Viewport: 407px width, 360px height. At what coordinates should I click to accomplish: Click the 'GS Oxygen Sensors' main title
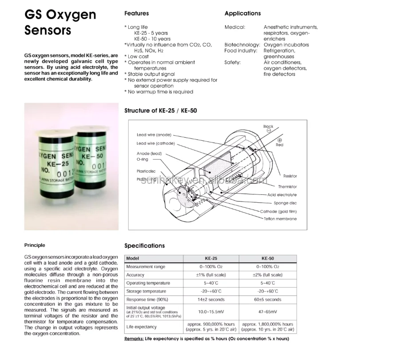[x=60, y=22]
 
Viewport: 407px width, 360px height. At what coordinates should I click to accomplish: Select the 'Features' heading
[x=136, y=13]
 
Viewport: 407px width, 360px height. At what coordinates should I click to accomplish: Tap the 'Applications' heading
[x=242, y=13]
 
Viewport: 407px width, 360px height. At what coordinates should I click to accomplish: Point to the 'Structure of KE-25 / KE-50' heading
[x=160, y=111]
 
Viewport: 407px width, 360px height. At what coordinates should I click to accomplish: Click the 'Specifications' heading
[x=144, y=245]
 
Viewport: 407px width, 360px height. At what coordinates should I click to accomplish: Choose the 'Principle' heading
[x=35, y=245]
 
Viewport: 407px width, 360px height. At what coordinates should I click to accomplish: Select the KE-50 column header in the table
[x=268, y=258]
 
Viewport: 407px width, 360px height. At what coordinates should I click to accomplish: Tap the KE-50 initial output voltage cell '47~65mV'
[x=268, y=312]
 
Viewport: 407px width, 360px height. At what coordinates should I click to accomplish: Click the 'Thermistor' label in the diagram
[x=287, y=187]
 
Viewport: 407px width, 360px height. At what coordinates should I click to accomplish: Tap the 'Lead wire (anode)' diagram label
[x=154, y=135]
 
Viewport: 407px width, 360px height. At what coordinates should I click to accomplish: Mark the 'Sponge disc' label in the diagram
[x=285, y=203]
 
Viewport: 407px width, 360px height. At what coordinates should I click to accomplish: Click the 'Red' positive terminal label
[x=279, y=145]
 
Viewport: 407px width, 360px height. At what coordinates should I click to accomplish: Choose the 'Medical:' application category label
[x=235, y=27]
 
